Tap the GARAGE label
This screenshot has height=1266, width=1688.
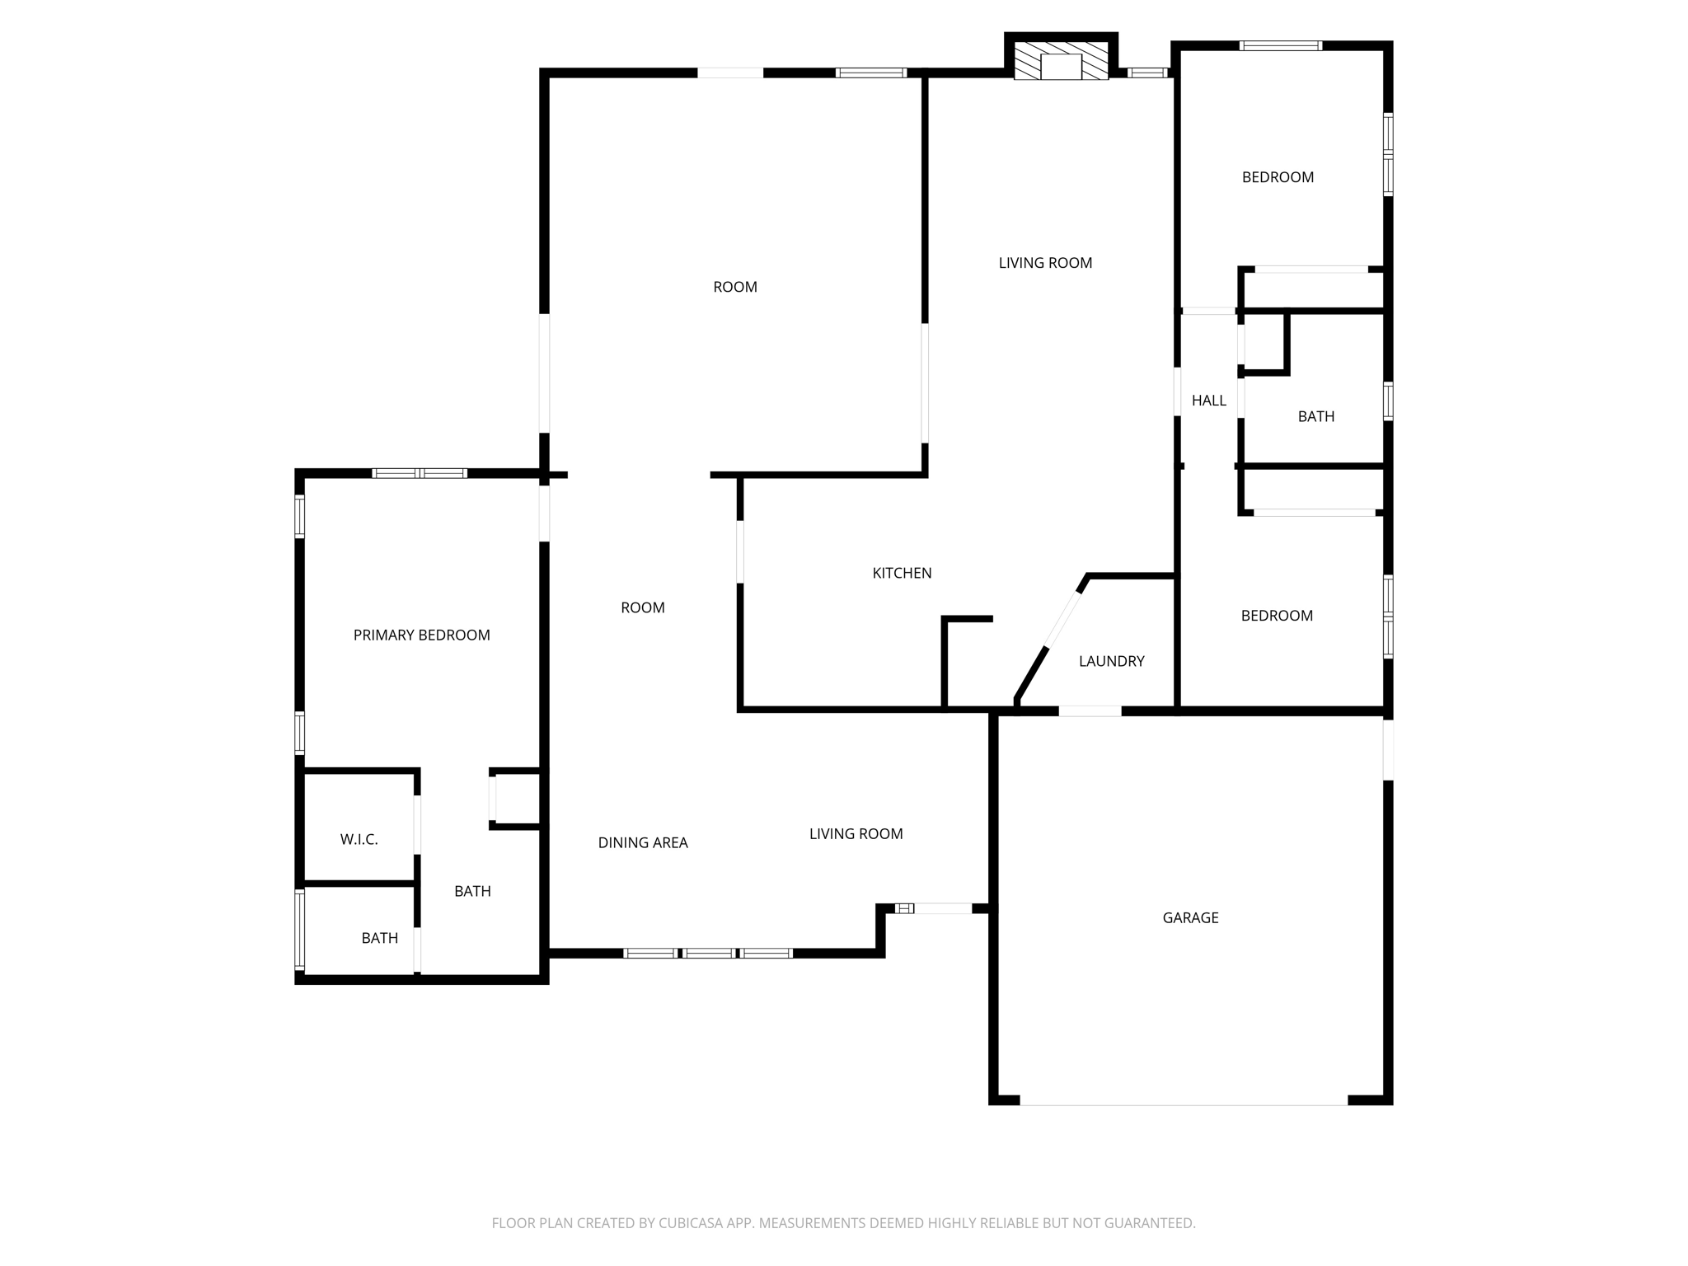1190,917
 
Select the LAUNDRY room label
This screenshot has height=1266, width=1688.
1111,661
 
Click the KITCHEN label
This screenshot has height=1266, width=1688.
902,573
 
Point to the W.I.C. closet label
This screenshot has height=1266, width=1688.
359,839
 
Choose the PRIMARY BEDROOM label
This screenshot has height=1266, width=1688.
421,635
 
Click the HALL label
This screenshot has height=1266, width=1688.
1208,401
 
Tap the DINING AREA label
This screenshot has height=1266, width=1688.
642,842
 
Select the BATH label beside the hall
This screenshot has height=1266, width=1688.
1315,416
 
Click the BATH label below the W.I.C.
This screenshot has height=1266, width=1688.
379,938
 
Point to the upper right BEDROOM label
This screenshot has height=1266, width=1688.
1278,177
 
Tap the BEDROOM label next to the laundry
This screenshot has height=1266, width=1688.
1277,616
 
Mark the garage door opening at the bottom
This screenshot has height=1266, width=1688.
1184,1103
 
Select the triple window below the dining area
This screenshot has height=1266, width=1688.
708,953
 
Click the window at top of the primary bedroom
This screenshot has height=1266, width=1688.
420,473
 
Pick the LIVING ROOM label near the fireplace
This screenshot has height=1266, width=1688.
1045,263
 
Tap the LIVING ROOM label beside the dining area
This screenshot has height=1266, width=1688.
856,834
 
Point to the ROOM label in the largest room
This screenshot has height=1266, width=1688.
734,287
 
